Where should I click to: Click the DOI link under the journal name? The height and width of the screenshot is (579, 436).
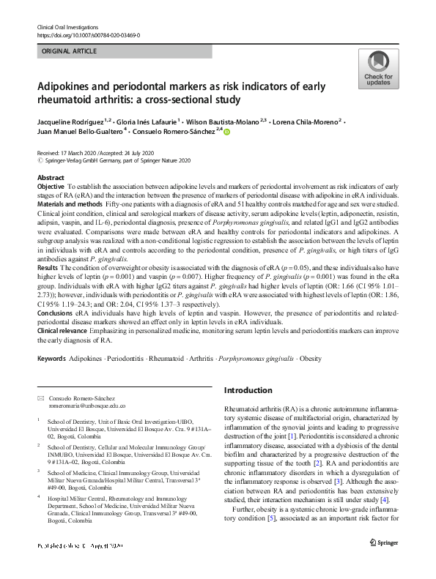(88, 35)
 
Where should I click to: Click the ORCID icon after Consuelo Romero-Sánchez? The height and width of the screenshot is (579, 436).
(226, 132)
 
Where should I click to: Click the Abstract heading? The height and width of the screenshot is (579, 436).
(51, 178)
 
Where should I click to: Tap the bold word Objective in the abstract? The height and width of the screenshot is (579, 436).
(51, 187)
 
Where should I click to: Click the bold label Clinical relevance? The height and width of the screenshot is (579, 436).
(63, 334)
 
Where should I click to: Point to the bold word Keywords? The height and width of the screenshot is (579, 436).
(51, 359)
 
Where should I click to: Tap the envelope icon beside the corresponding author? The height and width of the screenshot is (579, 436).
(40, 396)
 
